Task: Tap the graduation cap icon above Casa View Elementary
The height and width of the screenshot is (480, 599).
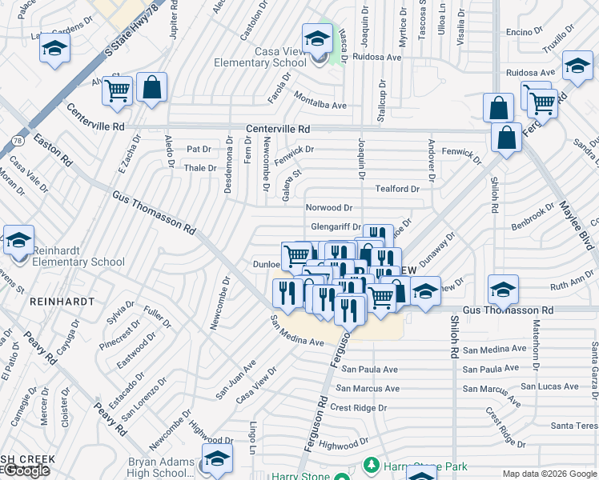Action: point(317,38)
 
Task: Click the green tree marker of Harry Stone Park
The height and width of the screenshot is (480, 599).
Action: point(371,464)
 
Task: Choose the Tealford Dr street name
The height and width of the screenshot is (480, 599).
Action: point(397,189)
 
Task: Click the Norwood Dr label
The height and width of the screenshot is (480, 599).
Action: point(329,208)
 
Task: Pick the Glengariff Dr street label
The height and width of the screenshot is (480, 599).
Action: point(336,227)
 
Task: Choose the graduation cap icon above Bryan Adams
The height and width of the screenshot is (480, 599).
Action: point(216,459)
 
